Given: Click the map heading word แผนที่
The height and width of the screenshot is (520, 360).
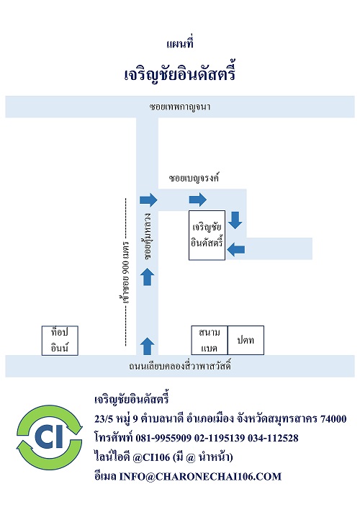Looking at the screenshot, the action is point(180,43).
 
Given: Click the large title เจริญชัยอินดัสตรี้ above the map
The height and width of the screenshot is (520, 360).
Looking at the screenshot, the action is point(180,73).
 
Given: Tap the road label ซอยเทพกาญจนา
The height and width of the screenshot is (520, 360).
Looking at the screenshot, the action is point(180,107).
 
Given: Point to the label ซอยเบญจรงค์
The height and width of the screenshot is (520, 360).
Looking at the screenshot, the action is point(194,177).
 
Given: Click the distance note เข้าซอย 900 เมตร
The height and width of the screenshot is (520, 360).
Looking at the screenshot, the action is point(125,272).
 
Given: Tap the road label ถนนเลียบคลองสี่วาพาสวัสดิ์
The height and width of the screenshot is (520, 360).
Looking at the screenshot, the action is point(180,366).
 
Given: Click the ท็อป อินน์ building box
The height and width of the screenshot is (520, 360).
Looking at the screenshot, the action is point(60,341).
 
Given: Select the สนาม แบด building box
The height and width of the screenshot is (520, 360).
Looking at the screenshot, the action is point(210,340).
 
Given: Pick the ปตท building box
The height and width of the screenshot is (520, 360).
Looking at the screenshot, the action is point(246,340).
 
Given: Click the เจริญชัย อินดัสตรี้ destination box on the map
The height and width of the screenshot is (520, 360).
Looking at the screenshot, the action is point(207,235).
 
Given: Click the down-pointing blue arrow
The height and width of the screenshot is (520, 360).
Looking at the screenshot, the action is point(235,220).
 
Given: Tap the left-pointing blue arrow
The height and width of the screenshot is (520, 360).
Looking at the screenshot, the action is point(236,249).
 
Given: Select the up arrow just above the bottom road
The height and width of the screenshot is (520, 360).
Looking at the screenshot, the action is point(148,346).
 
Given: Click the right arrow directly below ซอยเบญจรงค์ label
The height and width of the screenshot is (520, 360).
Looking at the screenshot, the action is point(198,200).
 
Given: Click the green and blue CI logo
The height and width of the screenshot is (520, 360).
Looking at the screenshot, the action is point(50,437).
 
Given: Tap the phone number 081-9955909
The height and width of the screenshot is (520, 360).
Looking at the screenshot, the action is point(163,438).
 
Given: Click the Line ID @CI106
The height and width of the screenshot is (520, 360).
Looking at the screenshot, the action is point(151,457).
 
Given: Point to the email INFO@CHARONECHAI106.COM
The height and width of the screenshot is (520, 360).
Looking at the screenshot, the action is point(200,476).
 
